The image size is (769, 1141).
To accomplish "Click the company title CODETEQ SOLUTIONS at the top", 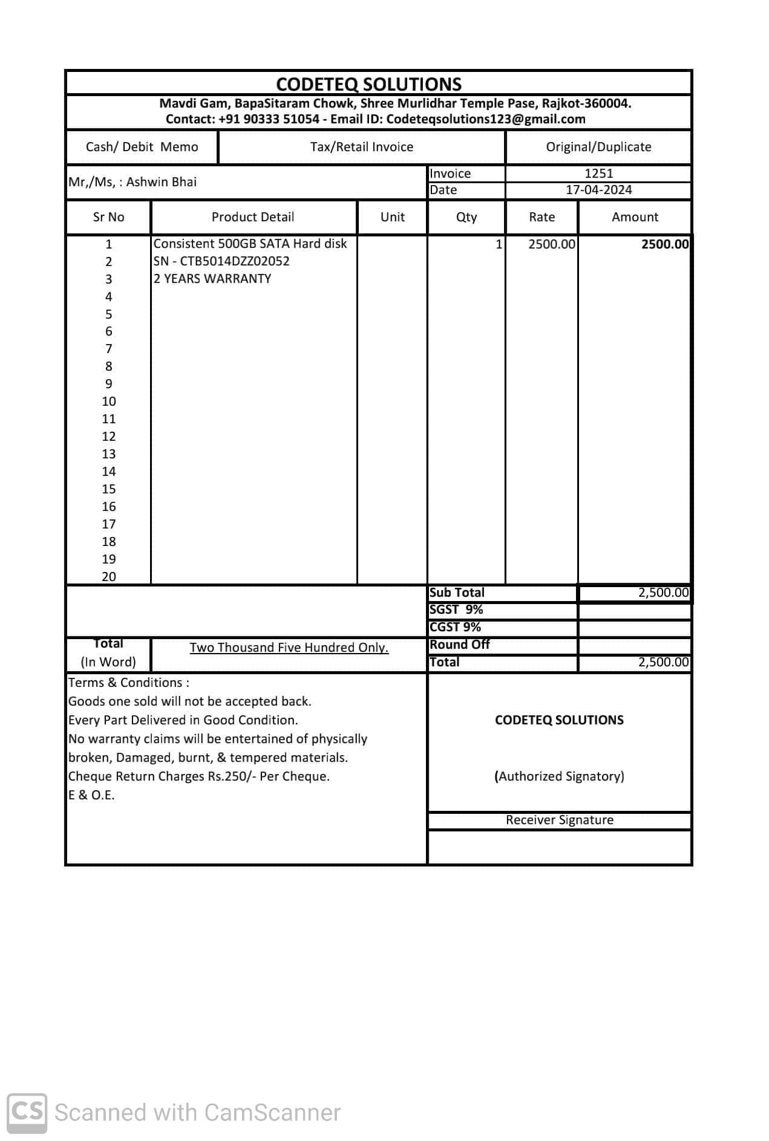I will (x=368, y=84).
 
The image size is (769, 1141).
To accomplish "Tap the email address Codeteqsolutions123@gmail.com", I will (x=485, y=119).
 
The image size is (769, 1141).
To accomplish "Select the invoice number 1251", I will (x=598, y=174).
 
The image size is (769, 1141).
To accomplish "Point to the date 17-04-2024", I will (x=598, y=190).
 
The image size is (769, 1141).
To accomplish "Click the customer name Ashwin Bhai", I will (x=161, y=182).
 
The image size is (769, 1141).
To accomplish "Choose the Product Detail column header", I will (x=253, y=217).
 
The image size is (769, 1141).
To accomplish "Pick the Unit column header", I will (x=392, y=217).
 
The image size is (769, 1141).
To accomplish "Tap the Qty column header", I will (x=466, y=217).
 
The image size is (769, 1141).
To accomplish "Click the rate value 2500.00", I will (x=551, y=244).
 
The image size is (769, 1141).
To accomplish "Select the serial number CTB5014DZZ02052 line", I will (x=221, y=261).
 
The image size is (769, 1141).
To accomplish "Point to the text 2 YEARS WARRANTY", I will (x=212, y=279).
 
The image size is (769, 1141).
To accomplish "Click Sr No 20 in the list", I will (x=109, y=577).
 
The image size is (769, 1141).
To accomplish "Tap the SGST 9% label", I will (x=456, y=610).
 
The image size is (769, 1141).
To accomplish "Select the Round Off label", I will (x=460, y=645).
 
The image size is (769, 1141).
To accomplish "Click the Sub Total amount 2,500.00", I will (x=663, y=593).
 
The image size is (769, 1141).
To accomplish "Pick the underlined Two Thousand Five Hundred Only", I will (x=289, y=648).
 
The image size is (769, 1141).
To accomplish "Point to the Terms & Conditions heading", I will (x=128, y=683).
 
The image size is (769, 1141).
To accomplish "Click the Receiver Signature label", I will (x=560, y=820).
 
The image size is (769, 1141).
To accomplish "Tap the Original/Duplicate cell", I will (x=598, y=147).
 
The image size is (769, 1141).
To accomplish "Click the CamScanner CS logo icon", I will (x=27, y=1112).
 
